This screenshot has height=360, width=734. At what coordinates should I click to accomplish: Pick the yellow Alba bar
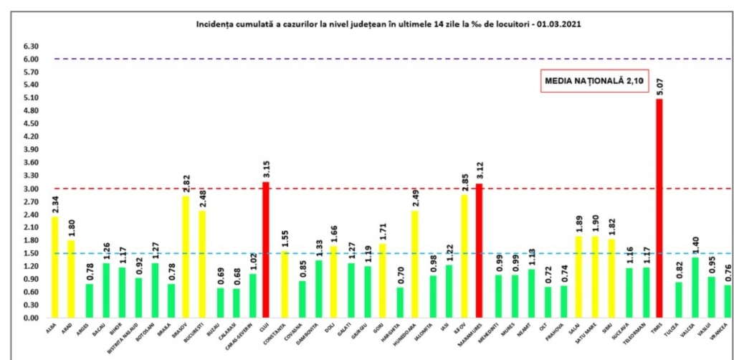pos(54,267)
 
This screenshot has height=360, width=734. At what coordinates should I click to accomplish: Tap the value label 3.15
pos(267,170)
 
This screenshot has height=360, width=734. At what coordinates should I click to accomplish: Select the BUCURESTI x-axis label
pos(204,331)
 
